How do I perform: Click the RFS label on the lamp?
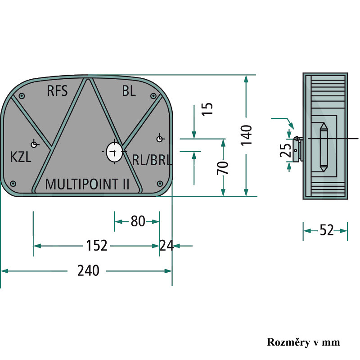(57, 91)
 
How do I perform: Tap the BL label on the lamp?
(129, 91)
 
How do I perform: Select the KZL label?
(21, 157)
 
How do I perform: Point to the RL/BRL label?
(152, 160)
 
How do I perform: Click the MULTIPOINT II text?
(87, 184)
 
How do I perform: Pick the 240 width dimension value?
(88, 270)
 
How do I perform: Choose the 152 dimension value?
(97, 245)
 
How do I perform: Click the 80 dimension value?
(138, 221)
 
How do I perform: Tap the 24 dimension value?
(166, 245)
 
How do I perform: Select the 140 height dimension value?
(246, 135)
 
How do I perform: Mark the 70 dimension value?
(223, 168)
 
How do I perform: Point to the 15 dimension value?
(207, 109)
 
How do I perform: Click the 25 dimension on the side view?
(285, 150)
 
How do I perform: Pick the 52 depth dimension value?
(327, 230)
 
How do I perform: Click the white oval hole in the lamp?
(114, 152)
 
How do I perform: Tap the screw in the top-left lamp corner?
(22, 96)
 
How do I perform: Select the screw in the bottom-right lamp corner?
(160, 184)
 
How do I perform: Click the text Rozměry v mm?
(303, 342)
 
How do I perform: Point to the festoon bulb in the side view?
(324, 147)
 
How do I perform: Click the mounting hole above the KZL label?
(34, 144)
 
